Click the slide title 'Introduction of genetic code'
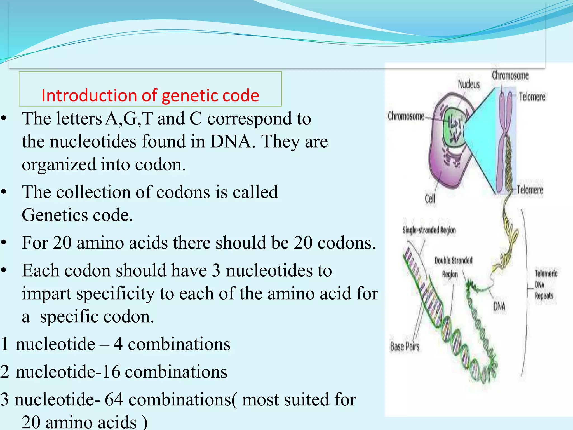(150, 95)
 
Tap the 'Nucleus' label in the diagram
(469, 84)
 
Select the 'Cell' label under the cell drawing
(430, 199)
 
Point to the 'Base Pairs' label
(405, 347)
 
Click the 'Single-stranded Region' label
(429, 230)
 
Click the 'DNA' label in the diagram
(499, 307)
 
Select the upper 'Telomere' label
(532, 97)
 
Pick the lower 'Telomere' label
(530, 190)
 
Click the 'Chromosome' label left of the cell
(406, 116)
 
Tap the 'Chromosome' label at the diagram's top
(510, 75)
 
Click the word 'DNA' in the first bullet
(230, 141)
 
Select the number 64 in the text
(114, 399)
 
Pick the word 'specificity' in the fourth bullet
(116, 294)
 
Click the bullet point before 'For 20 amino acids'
(4, 243)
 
